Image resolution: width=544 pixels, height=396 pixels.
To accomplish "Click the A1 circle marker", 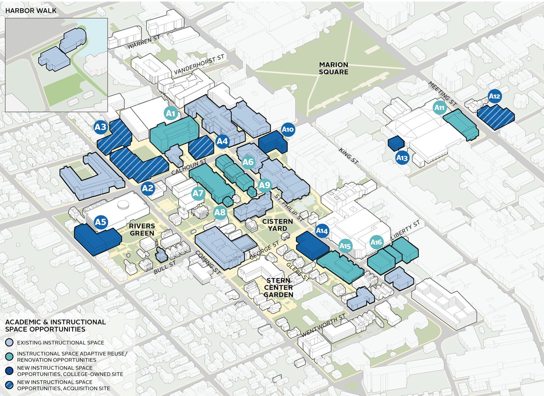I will coord(171,113).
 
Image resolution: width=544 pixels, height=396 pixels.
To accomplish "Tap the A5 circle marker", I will coord(101,222).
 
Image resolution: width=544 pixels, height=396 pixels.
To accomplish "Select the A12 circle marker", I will coord(494,97).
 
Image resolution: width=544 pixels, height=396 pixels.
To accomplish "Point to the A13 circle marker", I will coord(402,158).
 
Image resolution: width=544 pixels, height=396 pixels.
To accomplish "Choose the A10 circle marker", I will coord(288,130).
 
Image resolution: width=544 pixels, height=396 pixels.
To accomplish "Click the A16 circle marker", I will coord(376,242).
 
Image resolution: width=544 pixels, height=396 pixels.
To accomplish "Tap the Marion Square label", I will coord(333,68).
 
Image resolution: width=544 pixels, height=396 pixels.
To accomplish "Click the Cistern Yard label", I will coord(277,225).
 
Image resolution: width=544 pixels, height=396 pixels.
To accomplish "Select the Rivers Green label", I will coord(142,229).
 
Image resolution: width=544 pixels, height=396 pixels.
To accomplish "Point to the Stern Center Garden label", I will coord(279,288).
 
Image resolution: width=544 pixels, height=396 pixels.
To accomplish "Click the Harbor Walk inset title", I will coord(31,10).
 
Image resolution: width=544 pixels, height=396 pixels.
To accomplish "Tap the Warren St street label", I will coord(143,42).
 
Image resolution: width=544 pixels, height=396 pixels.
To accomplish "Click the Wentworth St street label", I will coord(323,325).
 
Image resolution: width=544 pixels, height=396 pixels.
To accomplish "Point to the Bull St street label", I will coord(165,267).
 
